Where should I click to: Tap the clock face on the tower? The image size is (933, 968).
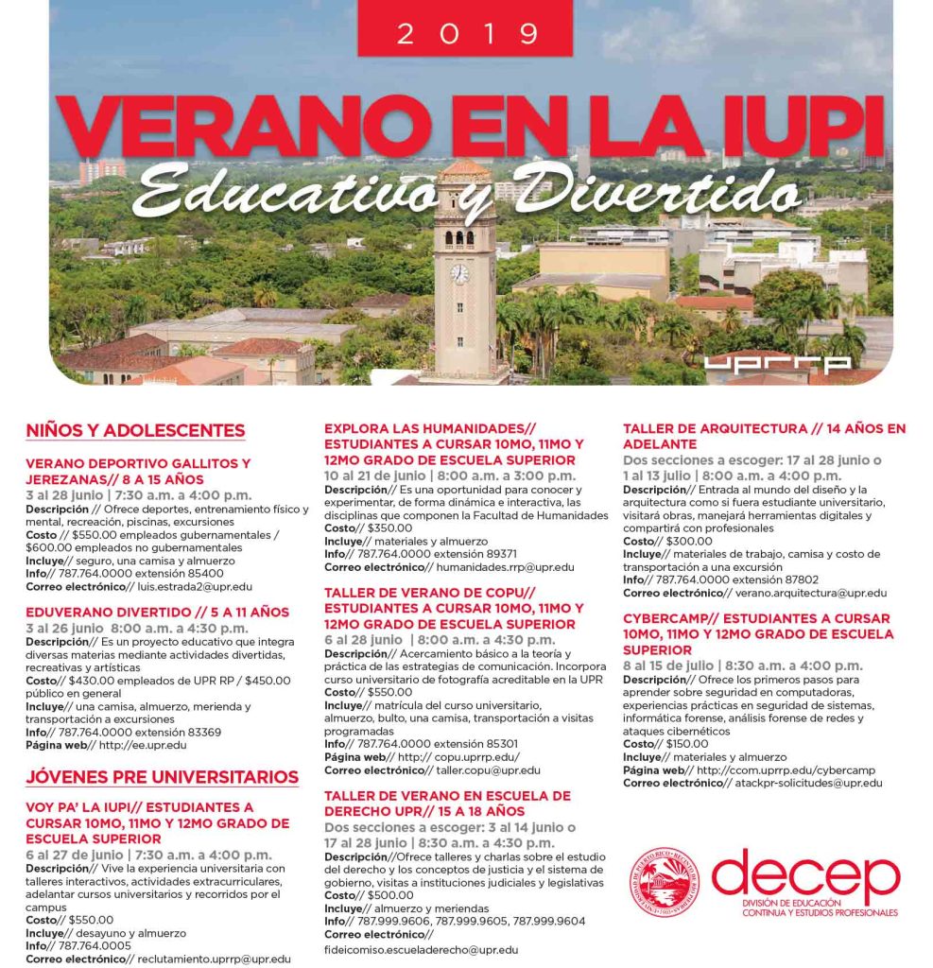tap(460, 274)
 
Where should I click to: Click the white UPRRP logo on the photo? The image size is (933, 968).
tap(777, 363)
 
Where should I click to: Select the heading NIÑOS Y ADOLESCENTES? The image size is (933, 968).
tap(135, 431)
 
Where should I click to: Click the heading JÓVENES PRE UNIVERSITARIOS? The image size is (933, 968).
tap(162, 777)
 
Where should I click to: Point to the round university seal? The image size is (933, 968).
tap(664, 882)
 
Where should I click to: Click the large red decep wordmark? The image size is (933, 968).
tap(805, 876)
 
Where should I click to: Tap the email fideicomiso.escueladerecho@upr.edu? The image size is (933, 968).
tap(421, 949)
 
